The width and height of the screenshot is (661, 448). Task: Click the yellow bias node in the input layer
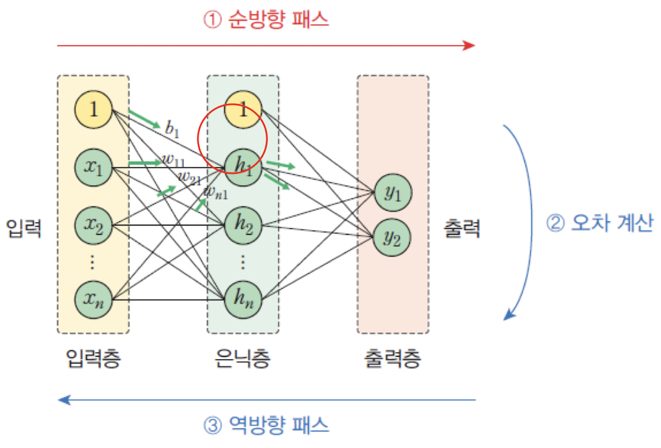(93, 109)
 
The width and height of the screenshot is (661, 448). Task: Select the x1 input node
(93, 166)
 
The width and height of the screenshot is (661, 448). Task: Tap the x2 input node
(93, 225)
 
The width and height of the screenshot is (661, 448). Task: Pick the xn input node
(93, 300)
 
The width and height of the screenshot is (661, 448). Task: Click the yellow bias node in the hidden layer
(243, 109)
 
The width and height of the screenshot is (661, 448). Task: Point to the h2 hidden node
(243, 225)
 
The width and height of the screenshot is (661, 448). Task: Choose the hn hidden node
(243, 300)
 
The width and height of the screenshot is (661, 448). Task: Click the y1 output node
(392, 193)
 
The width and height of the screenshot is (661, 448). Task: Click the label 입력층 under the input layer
(93, 359)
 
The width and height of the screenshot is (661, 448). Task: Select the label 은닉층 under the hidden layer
(242, 359)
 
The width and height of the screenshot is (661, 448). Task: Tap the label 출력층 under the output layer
(392, 359)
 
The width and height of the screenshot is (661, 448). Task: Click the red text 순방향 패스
(276, 20)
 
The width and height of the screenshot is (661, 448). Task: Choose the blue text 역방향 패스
(276, 425)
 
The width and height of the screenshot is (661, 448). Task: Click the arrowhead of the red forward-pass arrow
(470, 45)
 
